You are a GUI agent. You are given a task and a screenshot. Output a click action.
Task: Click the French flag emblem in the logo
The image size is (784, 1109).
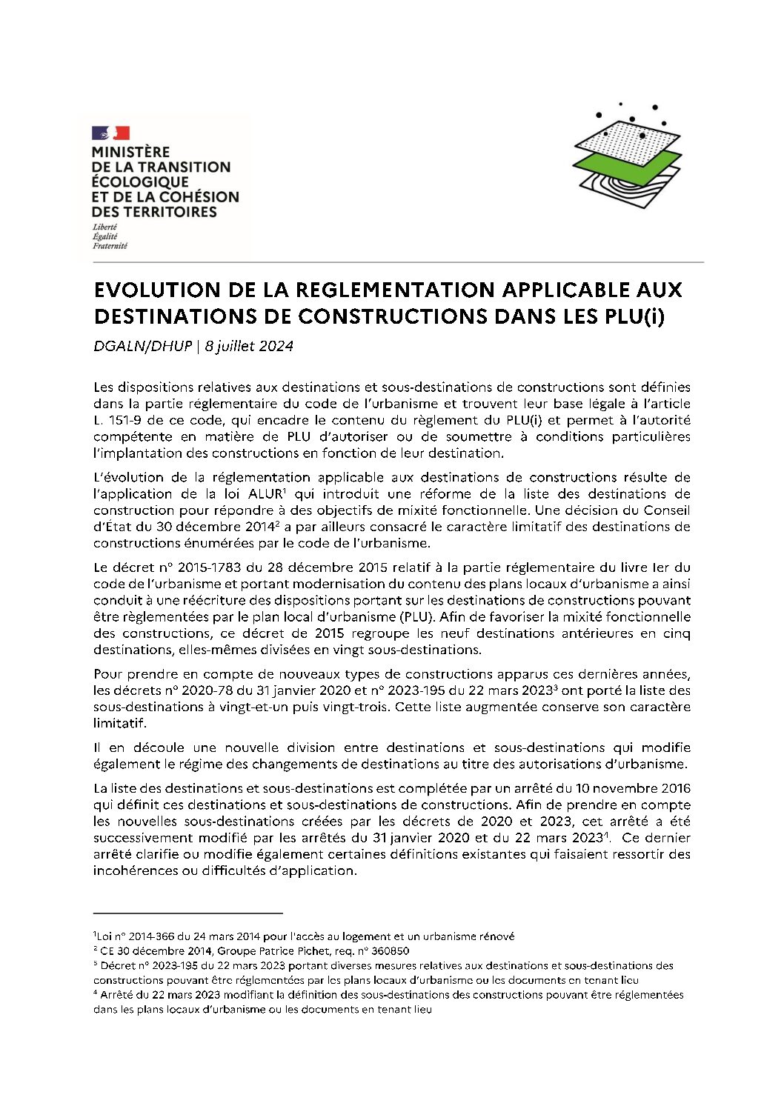click(110, 133)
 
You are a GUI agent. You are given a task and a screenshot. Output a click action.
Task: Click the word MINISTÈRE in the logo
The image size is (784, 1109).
click(130, 153)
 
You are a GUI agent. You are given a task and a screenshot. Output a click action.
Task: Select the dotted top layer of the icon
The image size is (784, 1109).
click(627, 139)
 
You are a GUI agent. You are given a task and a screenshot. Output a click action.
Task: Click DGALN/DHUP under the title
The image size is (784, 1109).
click(142, 346)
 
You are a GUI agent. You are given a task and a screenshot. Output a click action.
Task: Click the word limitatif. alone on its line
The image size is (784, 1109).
click(120, 723)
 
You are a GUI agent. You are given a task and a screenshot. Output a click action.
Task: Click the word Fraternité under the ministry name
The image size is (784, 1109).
click(110, 246)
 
